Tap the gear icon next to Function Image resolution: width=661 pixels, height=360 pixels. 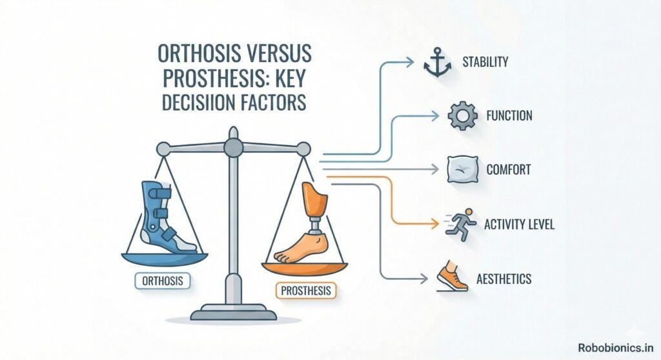click(462, 115)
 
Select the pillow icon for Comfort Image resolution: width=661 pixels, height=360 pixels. click(463, 170)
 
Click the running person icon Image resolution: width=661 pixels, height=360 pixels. click(460, 224)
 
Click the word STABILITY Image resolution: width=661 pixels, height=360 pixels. click(485, 62)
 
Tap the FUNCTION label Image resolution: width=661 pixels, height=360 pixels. click(509, 115)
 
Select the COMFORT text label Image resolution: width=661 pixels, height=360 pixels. click(509, 170)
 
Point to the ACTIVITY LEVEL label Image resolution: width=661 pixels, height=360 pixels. click(519, 224)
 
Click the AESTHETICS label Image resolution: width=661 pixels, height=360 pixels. click(503, 279)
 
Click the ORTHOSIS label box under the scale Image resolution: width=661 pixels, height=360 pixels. click(162, 281)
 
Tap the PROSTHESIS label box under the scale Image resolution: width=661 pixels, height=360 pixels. click(305, 290)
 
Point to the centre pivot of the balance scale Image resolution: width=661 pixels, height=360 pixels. click(233, 148)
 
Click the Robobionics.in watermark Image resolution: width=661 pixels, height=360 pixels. click(615, 348)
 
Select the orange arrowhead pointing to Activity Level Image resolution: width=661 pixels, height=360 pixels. click(435, 224)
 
